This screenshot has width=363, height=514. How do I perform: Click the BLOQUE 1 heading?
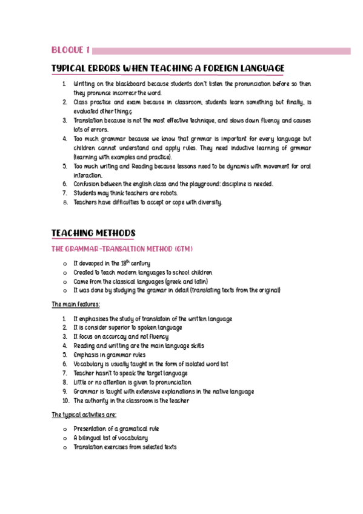click(x=71, y=50)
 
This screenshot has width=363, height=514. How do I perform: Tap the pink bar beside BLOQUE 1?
click(x=221, y=51)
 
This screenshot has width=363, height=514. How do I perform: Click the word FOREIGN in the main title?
click(x=207, y=68)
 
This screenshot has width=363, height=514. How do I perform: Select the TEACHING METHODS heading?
click(x=93, y=233)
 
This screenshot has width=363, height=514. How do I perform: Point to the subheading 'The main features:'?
click(x=76, y=304)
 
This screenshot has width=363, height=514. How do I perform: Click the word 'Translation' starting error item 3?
click(x=88, y=121)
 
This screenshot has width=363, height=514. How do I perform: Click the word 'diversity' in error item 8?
click(x=210, y=202)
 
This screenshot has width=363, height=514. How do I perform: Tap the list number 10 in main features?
click(x=65, y=401)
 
